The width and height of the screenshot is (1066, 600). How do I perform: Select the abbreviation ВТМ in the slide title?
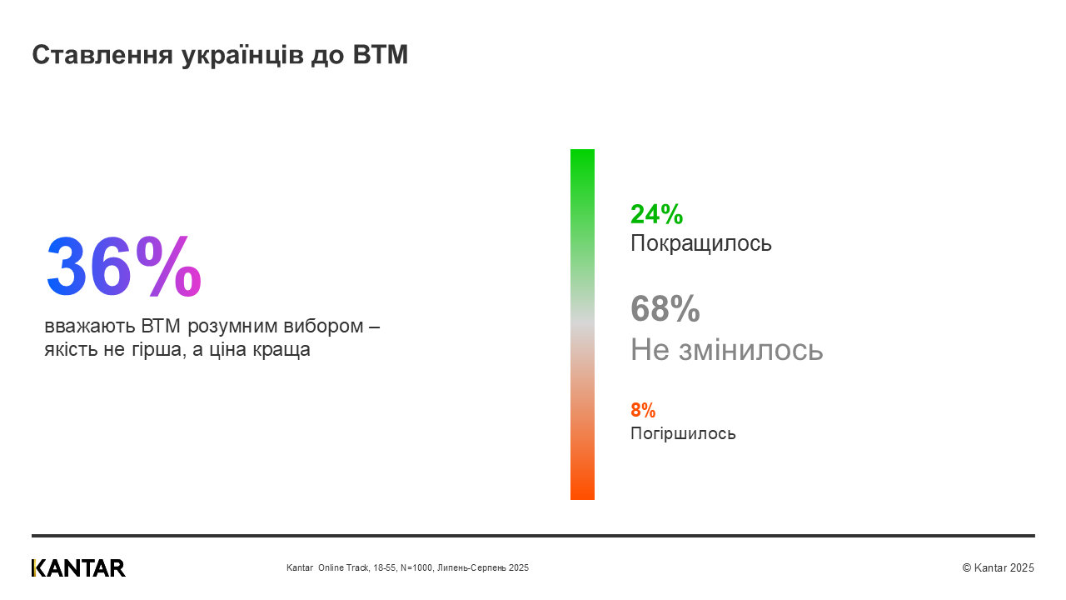coord(381,55)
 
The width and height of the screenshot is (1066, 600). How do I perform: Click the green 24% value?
coord(656,214)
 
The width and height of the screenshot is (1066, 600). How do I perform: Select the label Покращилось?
coord(701,243)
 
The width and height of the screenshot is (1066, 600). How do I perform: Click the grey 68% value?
coord(665,308)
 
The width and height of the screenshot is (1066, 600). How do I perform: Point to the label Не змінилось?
coord(726,349)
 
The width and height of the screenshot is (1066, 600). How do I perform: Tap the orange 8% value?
coord(643,410)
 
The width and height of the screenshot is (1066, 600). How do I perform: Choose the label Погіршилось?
coord(683,433)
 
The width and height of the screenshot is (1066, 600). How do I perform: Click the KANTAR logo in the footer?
coord(78,567)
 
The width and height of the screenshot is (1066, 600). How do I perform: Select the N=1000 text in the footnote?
coord(416,567)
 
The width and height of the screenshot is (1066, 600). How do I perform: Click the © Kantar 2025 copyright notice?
coord(998,567)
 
